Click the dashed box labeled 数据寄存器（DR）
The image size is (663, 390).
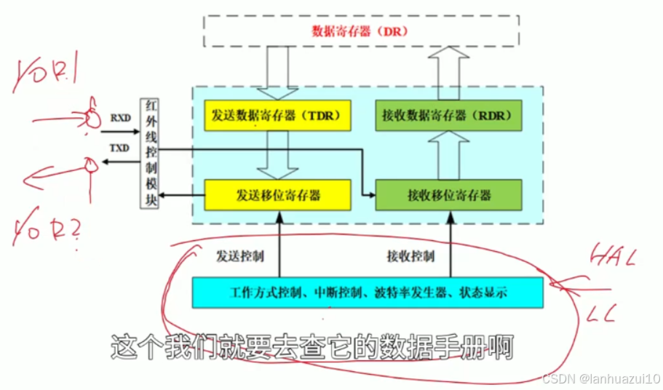[360, 31]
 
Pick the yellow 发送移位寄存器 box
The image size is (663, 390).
[279, 195]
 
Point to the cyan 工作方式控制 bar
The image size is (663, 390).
[367, 292]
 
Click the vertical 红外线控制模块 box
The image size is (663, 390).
[149, 153]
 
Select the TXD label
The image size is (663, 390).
[120, 147]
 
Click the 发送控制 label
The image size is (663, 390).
[239, 256]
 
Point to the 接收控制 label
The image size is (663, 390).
[410, 256]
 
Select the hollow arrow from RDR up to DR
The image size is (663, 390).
[449, 73]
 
